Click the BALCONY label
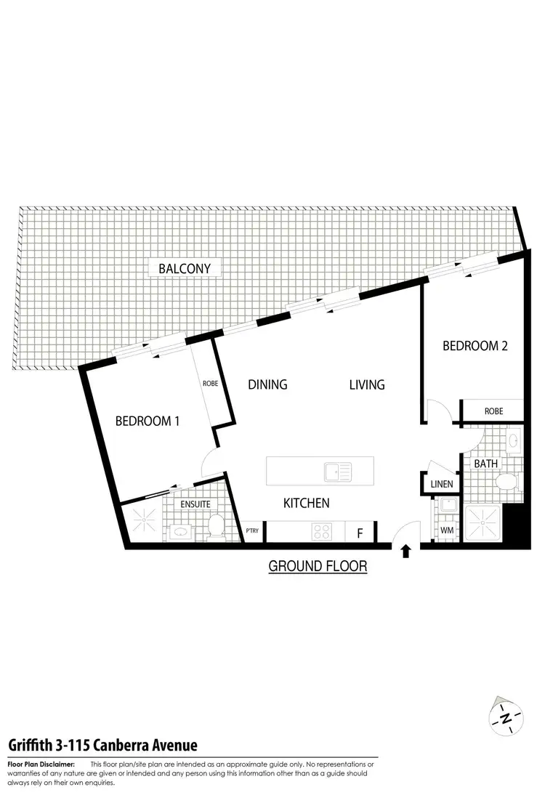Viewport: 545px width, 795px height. point(185,268)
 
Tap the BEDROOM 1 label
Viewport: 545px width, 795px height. point(148,421)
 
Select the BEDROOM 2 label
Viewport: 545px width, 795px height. point(475,346)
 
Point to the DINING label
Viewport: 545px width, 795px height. point(267,384)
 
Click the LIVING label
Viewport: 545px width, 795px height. point(366,384)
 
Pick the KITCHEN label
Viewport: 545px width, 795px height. point(306,503)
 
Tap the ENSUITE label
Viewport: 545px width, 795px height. point(196,504)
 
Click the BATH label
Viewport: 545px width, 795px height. point(485,463)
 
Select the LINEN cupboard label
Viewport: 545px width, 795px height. point(441,484)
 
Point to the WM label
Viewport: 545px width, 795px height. point(447,531)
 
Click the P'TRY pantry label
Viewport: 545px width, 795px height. point(253,531)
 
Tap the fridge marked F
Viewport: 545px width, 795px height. point(359,533)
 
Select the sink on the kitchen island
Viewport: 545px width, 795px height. point(338,471)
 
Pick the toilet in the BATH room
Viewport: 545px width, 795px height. point(505,481)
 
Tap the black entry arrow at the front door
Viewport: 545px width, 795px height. point(406,551)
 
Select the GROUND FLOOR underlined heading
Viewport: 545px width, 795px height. point(318,566)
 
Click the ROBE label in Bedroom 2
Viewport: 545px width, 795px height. point(493,411)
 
